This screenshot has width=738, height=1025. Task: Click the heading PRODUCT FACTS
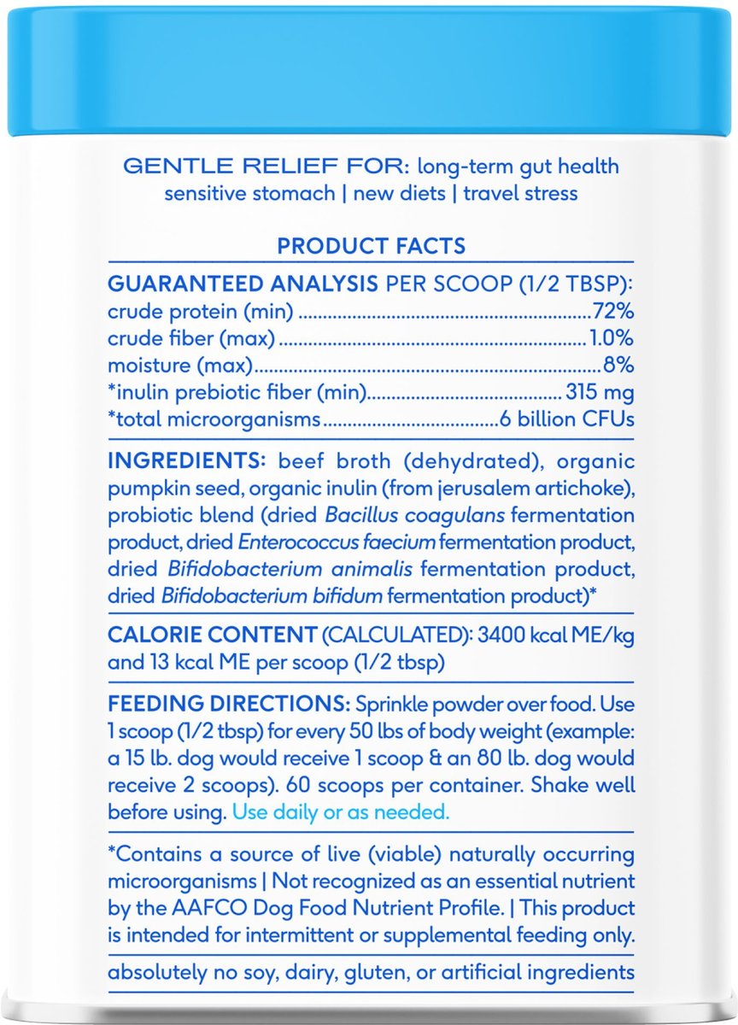tap(371, 246)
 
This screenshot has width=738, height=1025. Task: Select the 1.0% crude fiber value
tap(611, 338)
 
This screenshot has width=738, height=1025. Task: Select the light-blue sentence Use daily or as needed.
tap(341, 811)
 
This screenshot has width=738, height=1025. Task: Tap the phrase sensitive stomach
tap(249, 193)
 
